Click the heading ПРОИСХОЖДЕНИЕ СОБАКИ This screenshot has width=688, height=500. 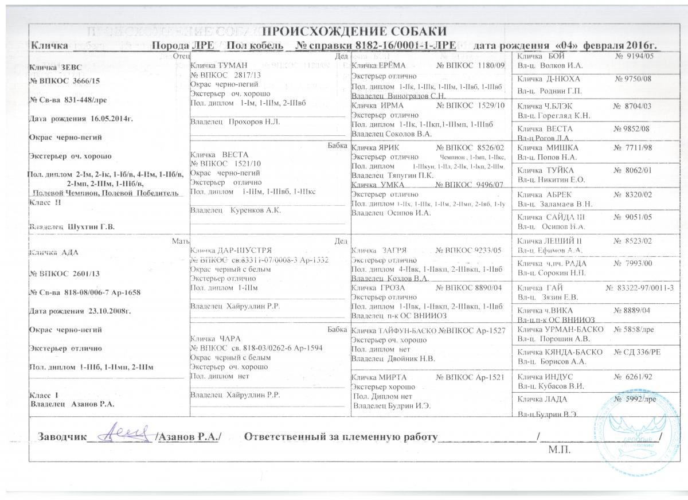click(354, 32)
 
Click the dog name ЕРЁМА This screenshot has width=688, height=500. click(392, 66)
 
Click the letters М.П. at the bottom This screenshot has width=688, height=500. click(559, 449)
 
